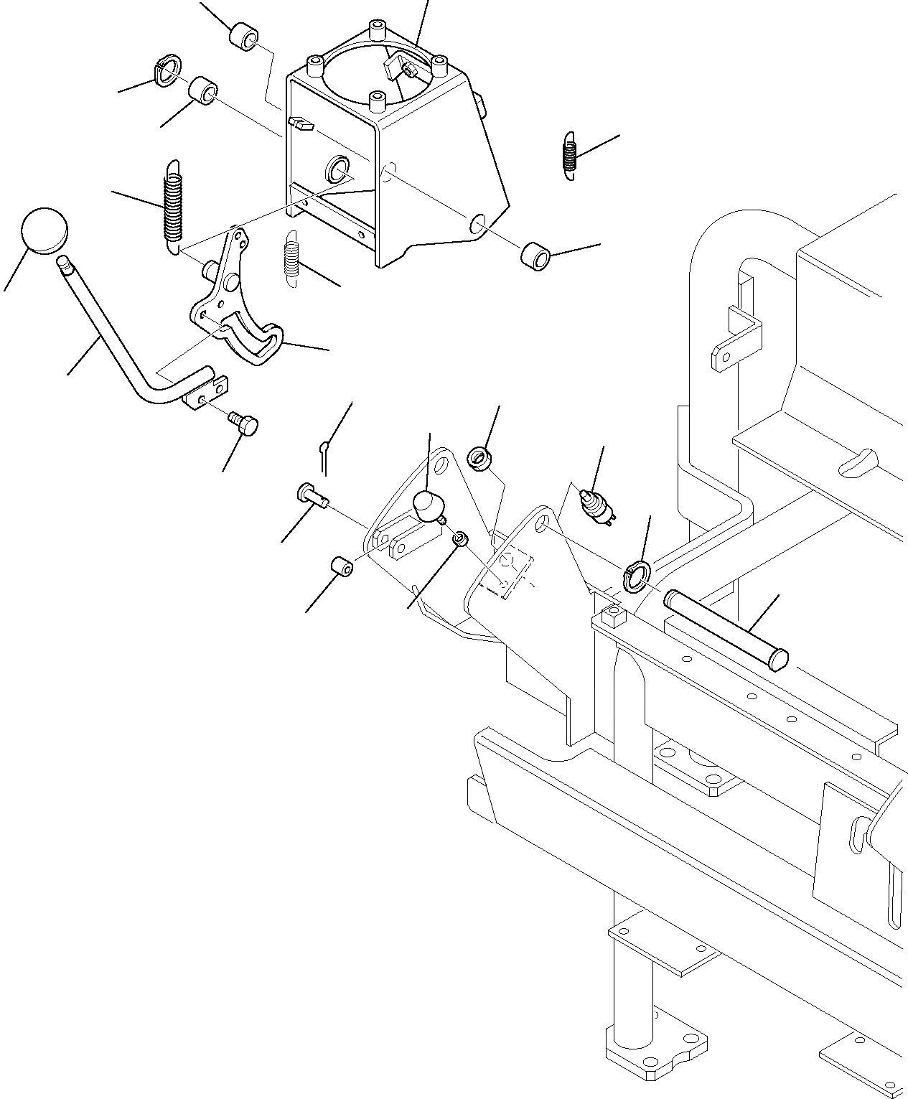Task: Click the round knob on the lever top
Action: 45,230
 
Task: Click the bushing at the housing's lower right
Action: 535,255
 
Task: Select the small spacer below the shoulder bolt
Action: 342,566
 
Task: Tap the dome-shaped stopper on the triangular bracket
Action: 428,506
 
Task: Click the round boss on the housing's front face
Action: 337,170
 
